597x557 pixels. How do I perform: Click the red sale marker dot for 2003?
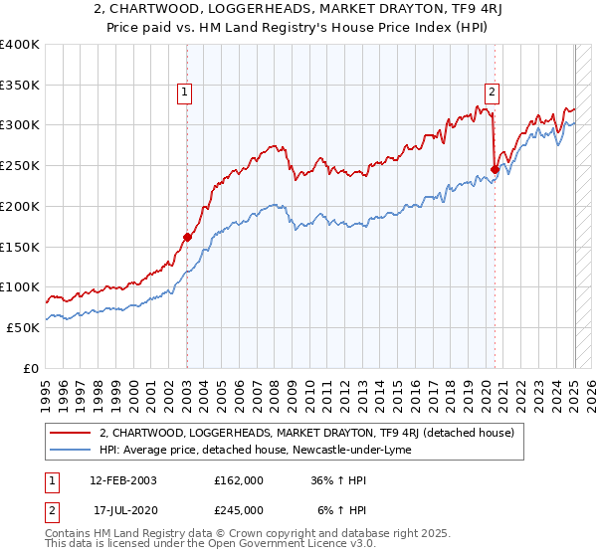187,237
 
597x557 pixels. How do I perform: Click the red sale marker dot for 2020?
495,169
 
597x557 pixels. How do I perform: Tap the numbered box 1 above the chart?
186,93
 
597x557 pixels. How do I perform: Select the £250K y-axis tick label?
20,166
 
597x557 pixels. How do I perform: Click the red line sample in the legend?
72,433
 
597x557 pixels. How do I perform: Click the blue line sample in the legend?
72,451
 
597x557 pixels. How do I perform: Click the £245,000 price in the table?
238,510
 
